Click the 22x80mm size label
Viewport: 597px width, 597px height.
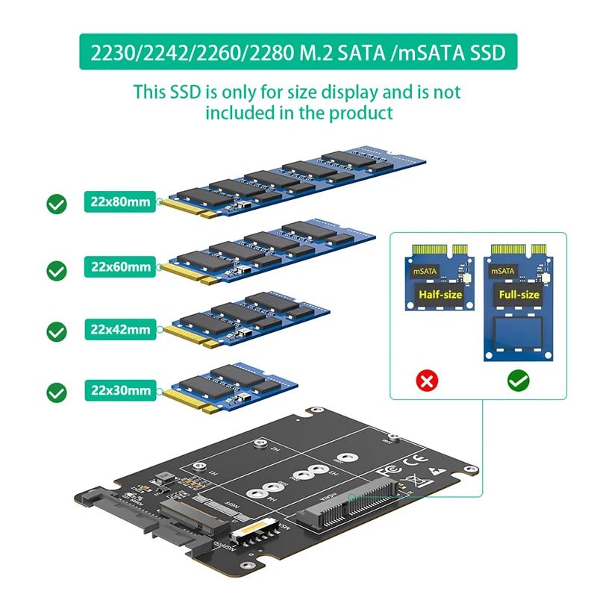coord(120,202)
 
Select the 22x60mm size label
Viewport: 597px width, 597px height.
coord(120,266)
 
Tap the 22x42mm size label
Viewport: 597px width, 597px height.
coord(120,329)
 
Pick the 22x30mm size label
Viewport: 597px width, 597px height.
coord(120,390)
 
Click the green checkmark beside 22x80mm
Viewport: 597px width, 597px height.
coord(56,204)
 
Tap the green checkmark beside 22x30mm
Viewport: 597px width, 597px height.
coord(56,392)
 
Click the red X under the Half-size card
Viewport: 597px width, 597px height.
coord(427,381)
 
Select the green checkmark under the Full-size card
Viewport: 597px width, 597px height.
coord(517,381)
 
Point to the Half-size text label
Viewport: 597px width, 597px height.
coord(440,294)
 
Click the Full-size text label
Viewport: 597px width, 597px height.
coord(519,294)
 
